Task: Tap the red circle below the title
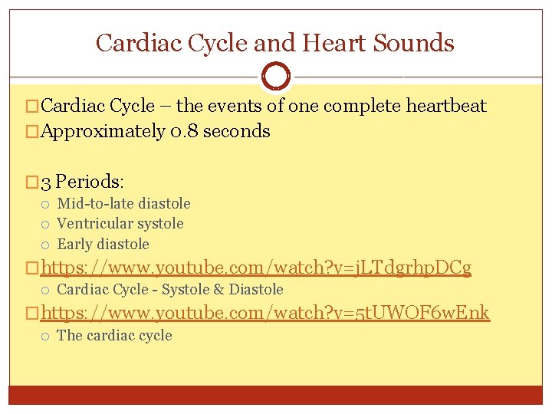[276, 76]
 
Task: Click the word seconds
[235, 131]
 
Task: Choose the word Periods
[90, 182]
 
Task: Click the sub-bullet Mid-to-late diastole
[123, 204]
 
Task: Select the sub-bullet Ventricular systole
[120, 224]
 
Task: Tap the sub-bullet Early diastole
[103, 245]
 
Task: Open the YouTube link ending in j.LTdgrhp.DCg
[256, 268]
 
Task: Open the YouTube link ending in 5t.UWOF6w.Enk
[265, 313]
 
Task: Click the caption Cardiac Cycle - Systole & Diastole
[170, 290]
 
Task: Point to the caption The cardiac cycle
[114, 336]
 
